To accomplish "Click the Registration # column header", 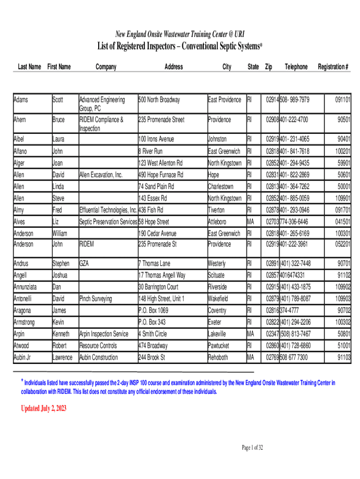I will coord(333,67).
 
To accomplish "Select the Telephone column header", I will coord(296,67).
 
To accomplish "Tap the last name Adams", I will coord(21,100).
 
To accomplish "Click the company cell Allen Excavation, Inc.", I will coord(101,175).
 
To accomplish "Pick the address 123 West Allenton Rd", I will coord(160,163).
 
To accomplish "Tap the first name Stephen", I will coord(61,263).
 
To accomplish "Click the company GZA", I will coord(85,263).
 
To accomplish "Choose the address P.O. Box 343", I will coord(152,322).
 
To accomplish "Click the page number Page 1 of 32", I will coord(252,448).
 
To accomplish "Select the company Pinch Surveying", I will coord(96,299).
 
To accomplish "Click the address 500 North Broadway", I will coord(159,100).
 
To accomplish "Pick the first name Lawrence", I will coord(63,357).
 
